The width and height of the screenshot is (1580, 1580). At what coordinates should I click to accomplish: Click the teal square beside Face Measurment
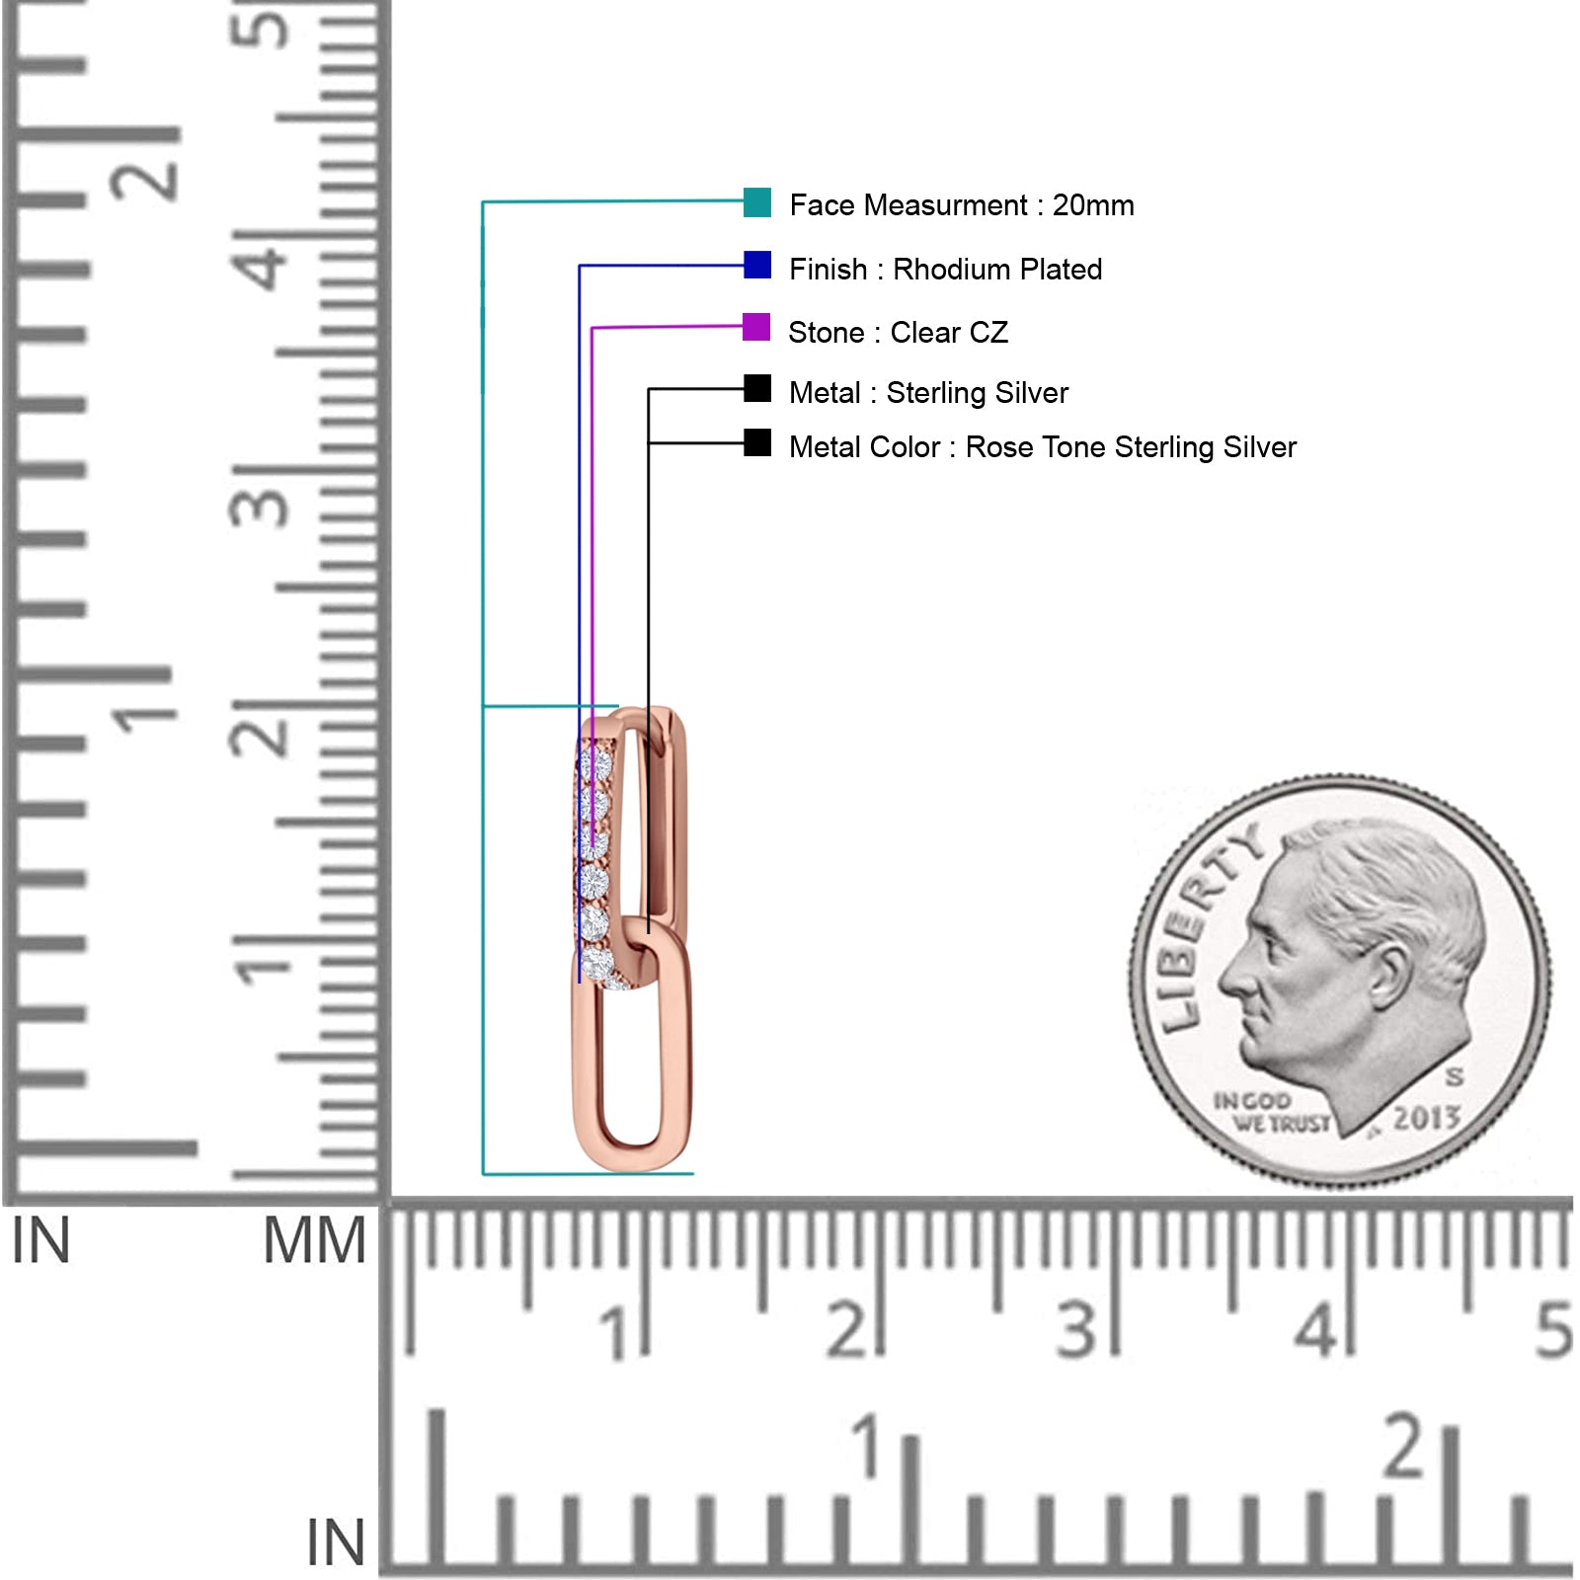[757, 202]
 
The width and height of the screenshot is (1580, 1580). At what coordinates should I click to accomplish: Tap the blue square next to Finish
[757, 265]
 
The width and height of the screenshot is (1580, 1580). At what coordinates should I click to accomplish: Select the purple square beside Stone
[756, 327]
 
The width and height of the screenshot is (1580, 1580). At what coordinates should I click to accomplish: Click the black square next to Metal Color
[757, 442]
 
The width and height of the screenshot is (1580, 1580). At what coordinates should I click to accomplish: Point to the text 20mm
[1093, 205]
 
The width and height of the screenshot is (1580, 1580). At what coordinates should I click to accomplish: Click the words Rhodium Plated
[997, 270]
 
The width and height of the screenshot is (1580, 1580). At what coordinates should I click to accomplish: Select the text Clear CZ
[949, 333]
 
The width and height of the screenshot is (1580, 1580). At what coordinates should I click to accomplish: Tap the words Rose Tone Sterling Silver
[1131, 447]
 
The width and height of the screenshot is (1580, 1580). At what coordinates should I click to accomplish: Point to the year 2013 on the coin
[1426, 1118]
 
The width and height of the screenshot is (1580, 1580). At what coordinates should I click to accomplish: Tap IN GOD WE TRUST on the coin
[1272, 1112]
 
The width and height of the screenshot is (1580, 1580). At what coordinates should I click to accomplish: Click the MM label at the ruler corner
[314, 1241]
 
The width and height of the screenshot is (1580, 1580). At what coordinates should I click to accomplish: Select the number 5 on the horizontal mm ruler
[1552, 1329]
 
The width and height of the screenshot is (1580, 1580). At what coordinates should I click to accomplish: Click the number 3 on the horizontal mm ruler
[1076, 1329]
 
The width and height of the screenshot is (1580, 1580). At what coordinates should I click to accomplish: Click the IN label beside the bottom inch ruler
[336, 1542]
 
